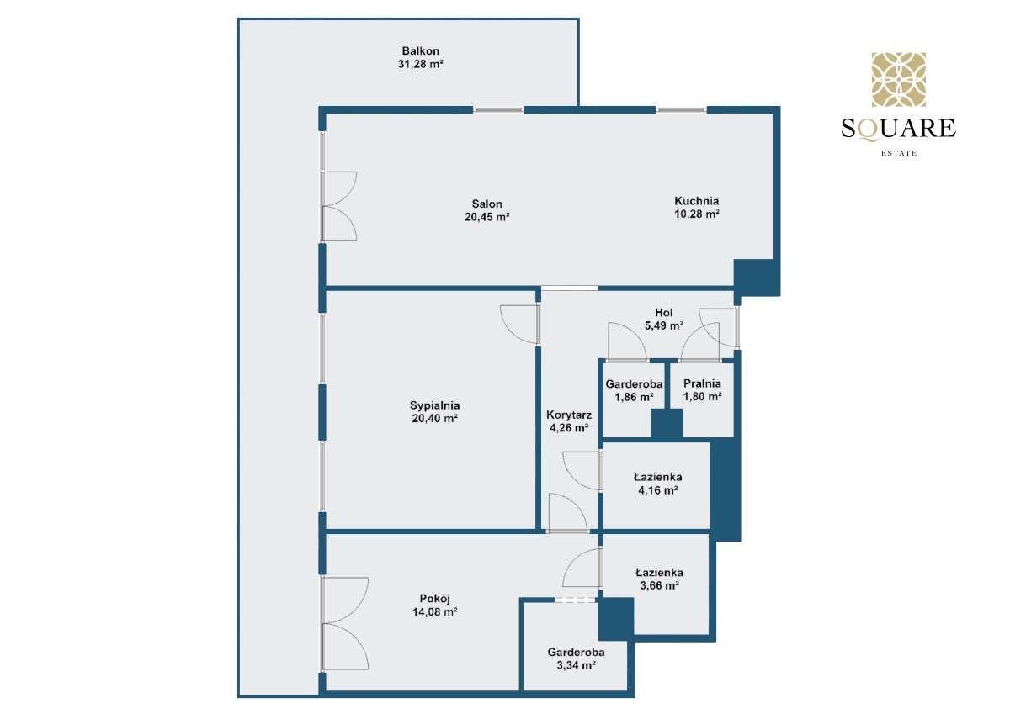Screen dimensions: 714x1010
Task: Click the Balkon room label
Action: click(420, 51)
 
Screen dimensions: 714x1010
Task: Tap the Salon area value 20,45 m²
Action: click(487, 217)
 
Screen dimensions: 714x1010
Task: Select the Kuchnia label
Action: click(696, 201)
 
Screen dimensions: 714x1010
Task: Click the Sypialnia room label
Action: click(435, 405)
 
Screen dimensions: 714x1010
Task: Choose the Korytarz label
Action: click(569, 415)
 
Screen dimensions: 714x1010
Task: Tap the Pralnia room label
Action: click(701, 384)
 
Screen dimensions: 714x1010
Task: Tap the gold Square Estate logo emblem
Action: click(898, 80)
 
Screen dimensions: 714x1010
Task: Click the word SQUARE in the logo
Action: click(898, 129)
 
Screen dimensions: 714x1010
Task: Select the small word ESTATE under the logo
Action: click(898, 153)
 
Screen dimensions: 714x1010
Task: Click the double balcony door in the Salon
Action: click(338, 206)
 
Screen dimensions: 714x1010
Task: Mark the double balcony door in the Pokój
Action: click(343, 623)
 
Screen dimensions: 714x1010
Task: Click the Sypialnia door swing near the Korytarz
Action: click(519, 324)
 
